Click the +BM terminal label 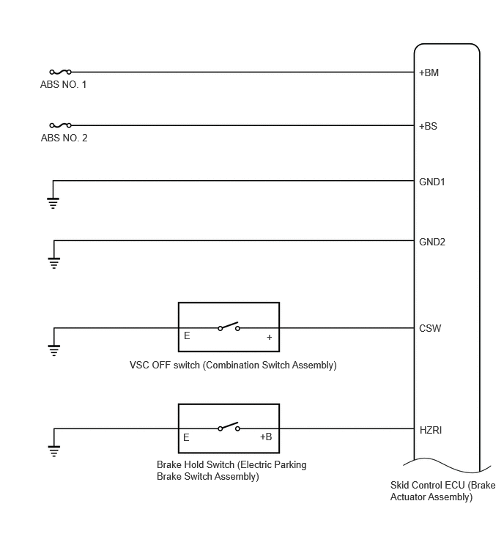[429, 73]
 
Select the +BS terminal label [428, 126]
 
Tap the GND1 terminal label [431, 182]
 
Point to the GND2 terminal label [432, 242]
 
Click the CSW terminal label [430, 328]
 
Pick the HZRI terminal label [431, 430]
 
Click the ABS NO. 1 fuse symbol [60, 72]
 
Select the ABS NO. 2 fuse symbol [60, 125]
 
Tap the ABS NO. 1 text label [63, 85]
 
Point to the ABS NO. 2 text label [64, 138]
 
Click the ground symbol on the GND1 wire [53, 203]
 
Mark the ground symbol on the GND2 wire [54, 263]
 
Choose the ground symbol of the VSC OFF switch [54, 351]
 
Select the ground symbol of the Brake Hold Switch [54, 451]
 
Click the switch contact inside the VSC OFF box [229, 327]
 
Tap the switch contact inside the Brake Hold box [229, 427]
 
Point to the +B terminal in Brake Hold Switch [266, 437]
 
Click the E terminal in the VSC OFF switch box [187, 335]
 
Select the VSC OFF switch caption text [233, 365]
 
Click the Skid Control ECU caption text [442, 491]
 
